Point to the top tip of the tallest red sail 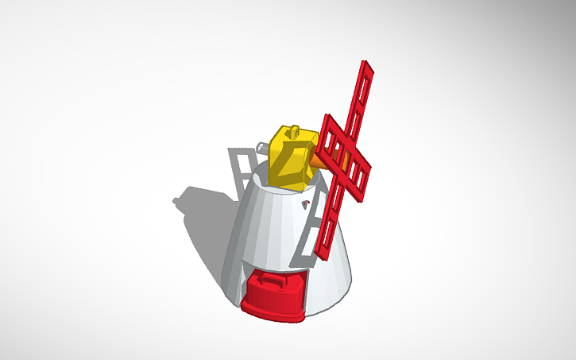click(366, 64)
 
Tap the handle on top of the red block click(268, 280)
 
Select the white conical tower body click(270, 230)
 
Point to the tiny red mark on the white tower click(304, 206)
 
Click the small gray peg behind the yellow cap click(261, 145)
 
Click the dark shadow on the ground click(207, 223)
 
